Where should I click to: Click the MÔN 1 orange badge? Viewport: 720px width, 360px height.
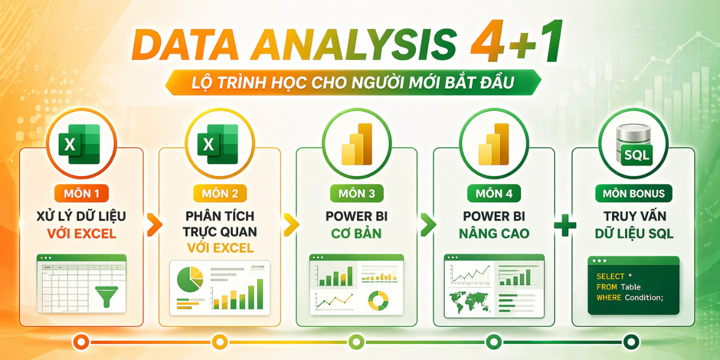pos(82,193)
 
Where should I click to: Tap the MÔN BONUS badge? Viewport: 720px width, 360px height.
pos(634,193)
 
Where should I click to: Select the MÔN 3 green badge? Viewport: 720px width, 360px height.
pos(357,193)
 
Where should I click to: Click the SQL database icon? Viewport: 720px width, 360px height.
pos(634,145)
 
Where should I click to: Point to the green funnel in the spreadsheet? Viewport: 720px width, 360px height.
pos(107,296)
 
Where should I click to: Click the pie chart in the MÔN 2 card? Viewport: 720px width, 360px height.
pos(190,279)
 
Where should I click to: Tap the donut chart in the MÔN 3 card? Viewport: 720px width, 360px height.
pos(379,301)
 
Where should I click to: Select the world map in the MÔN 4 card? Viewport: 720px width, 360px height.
pos(470,302)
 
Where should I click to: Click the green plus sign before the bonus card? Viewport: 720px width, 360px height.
pos(565,225)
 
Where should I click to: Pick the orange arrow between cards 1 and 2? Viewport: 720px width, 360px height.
pos(155,224)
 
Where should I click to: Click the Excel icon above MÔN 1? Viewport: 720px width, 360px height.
pos(79,144)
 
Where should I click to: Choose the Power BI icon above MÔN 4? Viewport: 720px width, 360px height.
pos(494,144)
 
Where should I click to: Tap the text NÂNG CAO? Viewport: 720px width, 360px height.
pos(494,233)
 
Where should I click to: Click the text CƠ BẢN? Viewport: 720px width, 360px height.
pos(356,233)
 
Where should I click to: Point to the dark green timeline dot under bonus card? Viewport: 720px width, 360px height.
pos(631,342)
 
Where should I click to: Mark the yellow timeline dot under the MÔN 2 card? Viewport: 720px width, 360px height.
pos(220,342)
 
